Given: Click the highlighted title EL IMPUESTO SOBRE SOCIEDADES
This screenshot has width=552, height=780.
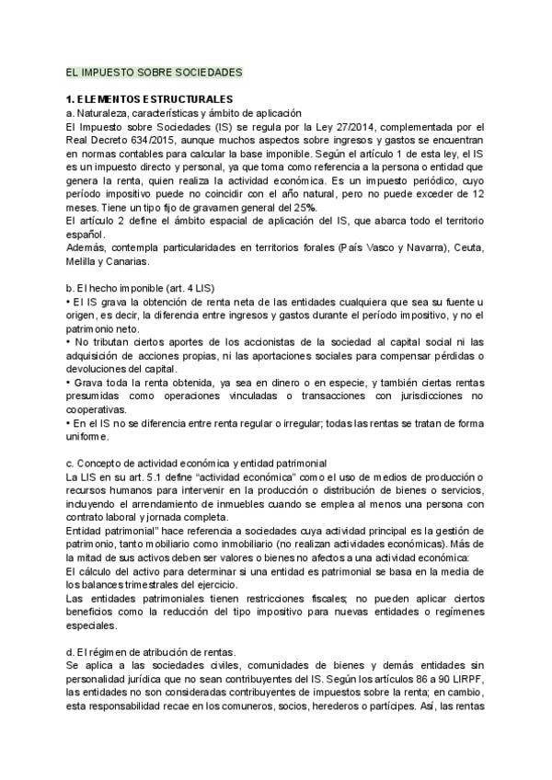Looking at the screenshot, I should pos(147,71).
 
